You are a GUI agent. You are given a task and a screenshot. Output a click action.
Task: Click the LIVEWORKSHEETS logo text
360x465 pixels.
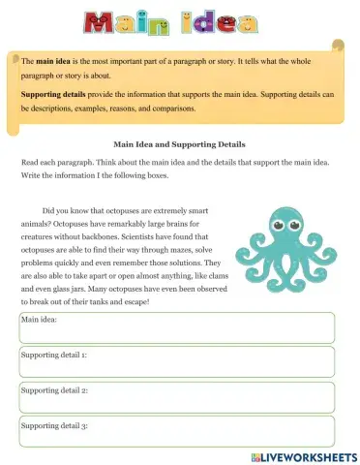(311, 455)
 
